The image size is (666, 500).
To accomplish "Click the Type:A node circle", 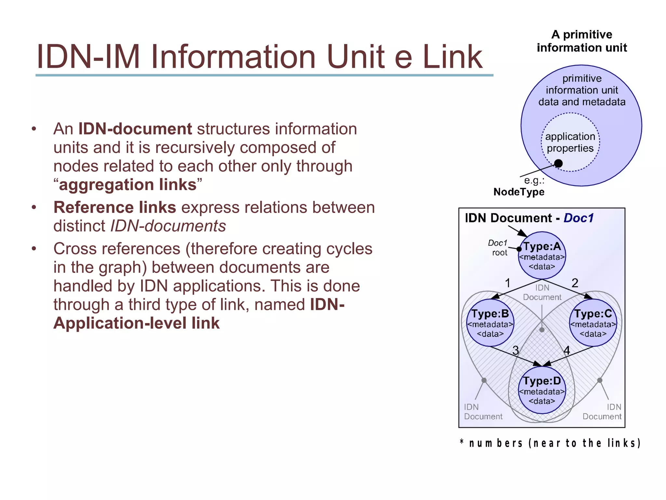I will (542, 256).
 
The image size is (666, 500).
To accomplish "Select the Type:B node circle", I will (490, 323).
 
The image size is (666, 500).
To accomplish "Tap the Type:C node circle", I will (593, 323).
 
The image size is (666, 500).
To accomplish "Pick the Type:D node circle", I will (542, 390).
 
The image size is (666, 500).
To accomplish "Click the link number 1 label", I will (507, 283).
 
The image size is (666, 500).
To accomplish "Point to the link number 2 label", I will (575, 283).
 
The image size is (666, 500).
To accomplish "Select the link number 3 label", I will (515, 350).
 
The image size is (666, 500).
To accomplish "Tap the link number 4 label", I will (567, 350).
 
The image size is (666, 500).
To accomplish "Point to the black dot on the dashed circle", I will (558, 163).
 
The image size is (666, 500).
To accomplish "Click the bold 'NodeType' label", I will (519, 192).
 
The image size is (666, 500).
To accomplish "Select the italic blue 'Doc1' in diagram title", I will (579, 218).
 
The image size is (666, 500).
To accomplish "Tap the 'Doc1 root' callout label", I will (498, 248).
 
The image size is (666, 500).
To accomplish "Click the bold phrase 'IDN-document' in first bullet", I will (135, 129).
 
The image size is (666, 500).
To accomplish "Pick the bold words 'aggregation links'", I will (128, 185).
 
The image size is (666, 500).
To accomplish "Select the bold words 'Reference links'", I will (115, 207).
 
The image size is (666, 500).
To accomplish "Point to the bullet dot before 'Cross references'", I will (34, 249).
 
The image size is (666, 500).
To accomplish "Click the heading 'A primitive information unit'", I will (581, 41).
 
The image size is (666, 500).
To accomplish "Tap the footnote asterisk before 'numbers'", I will (462, 442).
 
